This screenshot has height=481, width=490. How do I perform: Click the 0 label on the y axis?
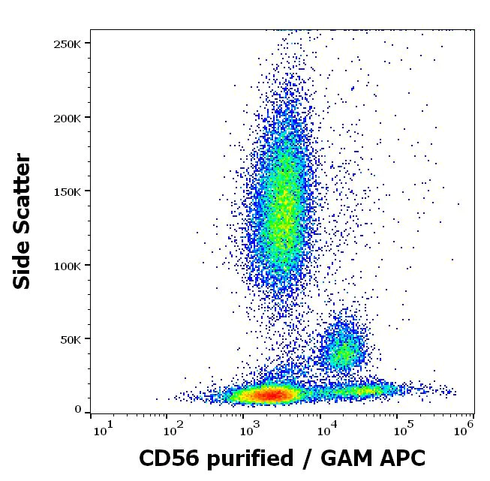78,410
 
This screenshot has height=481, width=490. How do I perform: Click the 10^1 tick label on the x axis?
102,431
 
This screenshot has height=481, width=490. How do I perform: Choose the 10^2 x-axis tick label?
174,431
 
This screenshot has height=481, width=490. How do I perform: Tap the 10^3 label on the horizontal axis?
249,431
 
